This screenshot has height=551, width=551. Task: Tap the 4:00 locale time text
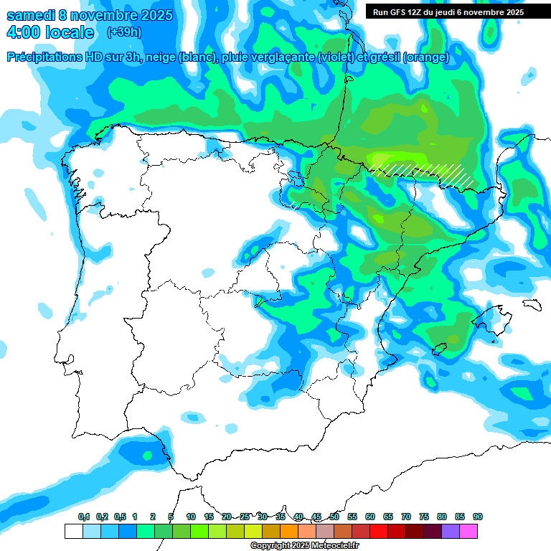point(50,32)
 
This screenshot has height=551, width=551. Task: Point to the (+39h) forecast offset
point(124,32)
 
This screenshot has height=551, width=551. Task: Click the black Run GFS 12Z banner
point(448,12)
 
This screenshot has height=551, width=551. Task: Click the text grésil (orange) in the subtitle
point(408,57)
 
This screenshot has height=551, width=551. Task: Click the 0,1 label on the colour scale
point(83,517)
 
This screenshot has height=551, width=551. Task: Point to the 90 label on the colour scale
point(478,517)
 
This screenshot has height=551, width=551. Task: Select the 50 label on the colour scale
point(334,517)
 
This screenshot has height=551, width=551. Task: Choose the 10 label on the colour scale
point(191,517)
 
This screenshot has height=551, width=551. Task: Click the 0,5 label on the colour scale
point(119,517)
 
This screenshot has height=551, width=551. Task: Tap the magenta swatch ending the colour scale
point(468,531)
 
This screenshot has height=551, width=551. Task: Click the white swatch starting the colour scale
point(73,531)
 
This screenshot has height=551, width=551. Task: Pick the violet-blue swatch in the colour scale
point(451,531)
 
